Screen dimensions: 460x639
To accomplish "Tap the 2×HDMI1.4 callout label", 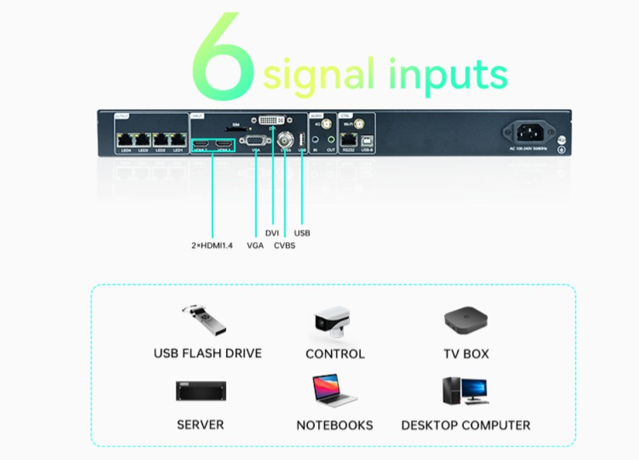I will [212, 245].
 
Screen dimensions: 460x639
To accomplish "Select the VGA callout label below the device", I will [255, 245].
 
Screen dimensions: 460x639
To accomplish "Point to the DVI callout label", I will [272, 233].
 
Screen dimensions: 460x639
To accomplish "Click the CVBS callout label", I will [285, 245].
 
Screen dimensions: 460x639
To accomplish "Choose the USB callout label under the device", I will [302, 233].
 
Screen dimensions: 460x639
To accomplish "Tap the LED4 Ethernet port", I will [125, 139].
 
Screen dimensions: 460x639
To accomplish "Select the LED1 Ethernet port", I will [178, 139].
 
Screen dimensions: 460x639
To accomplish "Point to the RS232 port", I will [348, 138].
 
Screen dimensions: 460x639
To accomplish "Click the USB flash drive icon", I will [204, 322].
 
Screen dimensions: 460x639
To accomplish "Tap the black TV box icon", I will [466, 320].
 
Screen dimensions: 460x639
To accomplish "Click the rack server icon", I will [201, 391].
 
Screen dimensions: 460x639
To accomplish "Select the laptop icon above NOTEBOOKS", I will [334, 390].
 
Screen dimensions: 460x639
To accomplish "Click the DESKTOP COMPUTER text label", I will [465, 425].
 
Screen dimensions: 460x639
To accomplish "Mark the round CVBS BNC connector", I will [286, 139].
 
